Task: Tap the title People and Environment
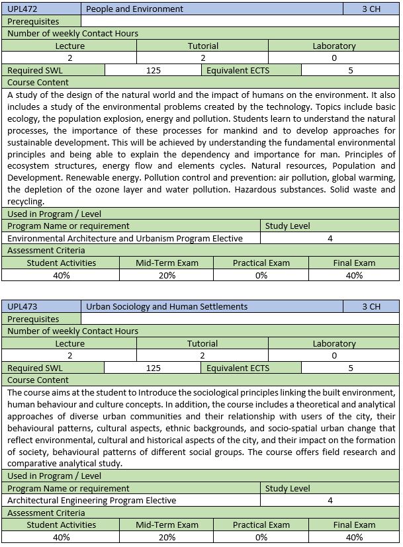coord(134,9)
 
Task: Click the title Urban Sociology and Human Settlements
coord(167,307)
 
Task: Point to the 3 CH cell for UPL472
coord(371,9)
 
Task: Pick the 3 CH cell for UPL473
coord(371,307)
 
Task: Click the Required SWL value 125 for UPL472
coord(153,70)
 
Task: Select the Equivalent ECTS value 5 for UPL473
coord(350,368)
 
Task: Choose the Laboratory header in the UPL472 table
coord(334,46)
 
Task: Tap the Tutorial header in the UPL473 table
coord(202,344)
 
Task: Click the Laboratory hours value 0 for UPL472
coord(334,58)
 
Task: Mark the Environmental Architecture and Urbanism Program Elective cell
coord(125,238)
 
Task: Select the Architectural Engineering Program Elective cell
coord(91,500)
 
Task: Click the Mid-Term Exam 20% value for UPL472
coord(167,275)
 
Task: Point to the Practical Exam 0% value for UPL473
coord(261,537)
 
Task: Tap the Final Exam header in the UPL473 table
coord(354,525)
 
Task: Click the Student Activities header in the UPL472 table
coord(61,263)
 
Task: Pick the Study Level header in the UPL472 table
coord(287,226)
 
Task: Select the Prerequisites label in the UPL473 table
coord(33,319)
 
